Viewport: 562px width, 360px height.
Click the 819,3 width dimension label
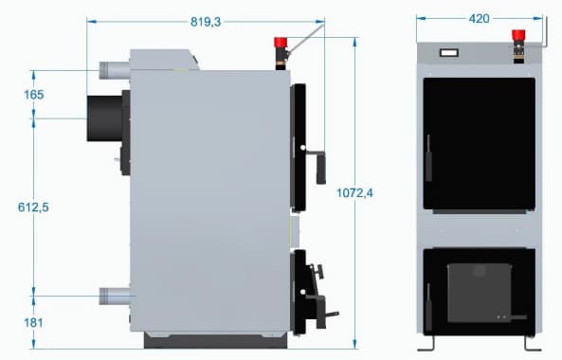206,22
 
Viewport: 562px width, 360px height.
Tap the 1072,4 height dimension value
354,193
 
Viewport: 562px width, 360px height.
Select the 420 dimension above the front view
479,19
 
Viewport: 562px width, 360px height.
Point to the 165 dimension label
34,95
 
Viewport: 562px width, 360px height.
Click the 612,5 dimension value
33,207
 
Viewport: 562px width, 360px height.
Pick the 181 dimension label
33,323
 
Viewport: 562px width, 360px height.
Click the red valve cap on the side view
281,43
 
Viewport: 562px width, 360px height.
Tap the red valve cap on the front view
518,35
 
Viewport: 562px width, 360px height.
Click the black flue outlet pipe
104,118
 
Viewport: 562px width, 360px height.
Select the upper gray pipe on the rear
115,70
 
